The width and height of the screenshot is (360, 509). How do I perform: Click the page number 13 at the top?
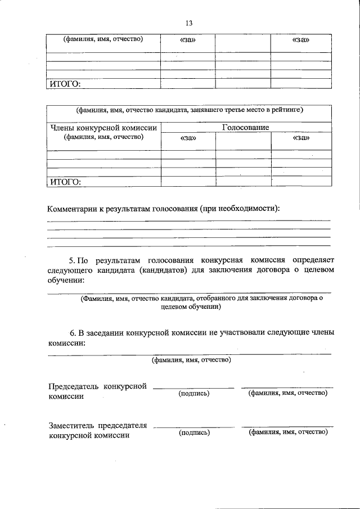[188, 23]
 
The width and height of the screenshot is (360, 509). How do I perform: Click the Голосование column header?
[245, 128]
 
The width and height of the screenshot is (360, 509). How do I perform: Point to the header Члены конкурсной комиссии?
[103, 128]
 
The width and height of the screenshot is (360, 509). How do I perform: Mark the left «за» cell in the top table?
[188, 40]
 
